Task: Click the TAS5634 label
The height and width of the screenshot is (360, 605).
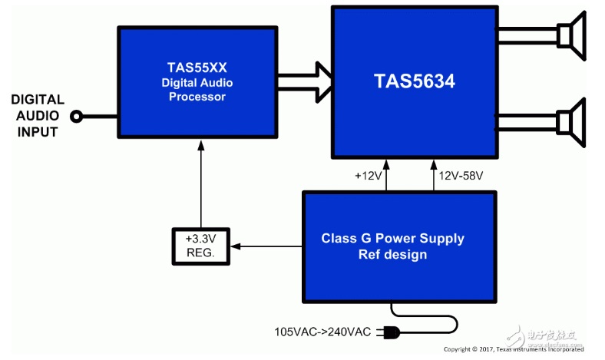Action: pyautogui.click(x=415, y=81)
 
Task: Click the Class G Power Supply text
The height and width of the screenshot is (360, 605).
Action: pyautogui.click(x=392, y=238)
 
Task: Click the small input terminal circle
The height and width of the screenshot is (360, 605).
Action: pyautogui.click(x=76, y=117)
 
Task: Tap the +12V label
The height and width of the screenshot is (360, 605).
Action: pyautogui.click(x=367, y=176)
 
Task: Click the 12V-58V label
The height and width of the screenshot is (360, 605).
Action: pyautogui.click(x=461, y=176)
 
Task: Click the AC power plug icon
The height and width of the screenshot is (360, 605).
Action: pyautogui.click(x=390, y=333)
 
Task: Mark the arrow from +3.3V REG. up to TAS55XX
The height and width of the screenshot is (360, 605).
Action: pyautogui.click(x=201, y=184)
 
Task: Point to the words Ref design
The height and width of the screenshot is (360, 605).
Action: pyautogui.click(x=392, y=254)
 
